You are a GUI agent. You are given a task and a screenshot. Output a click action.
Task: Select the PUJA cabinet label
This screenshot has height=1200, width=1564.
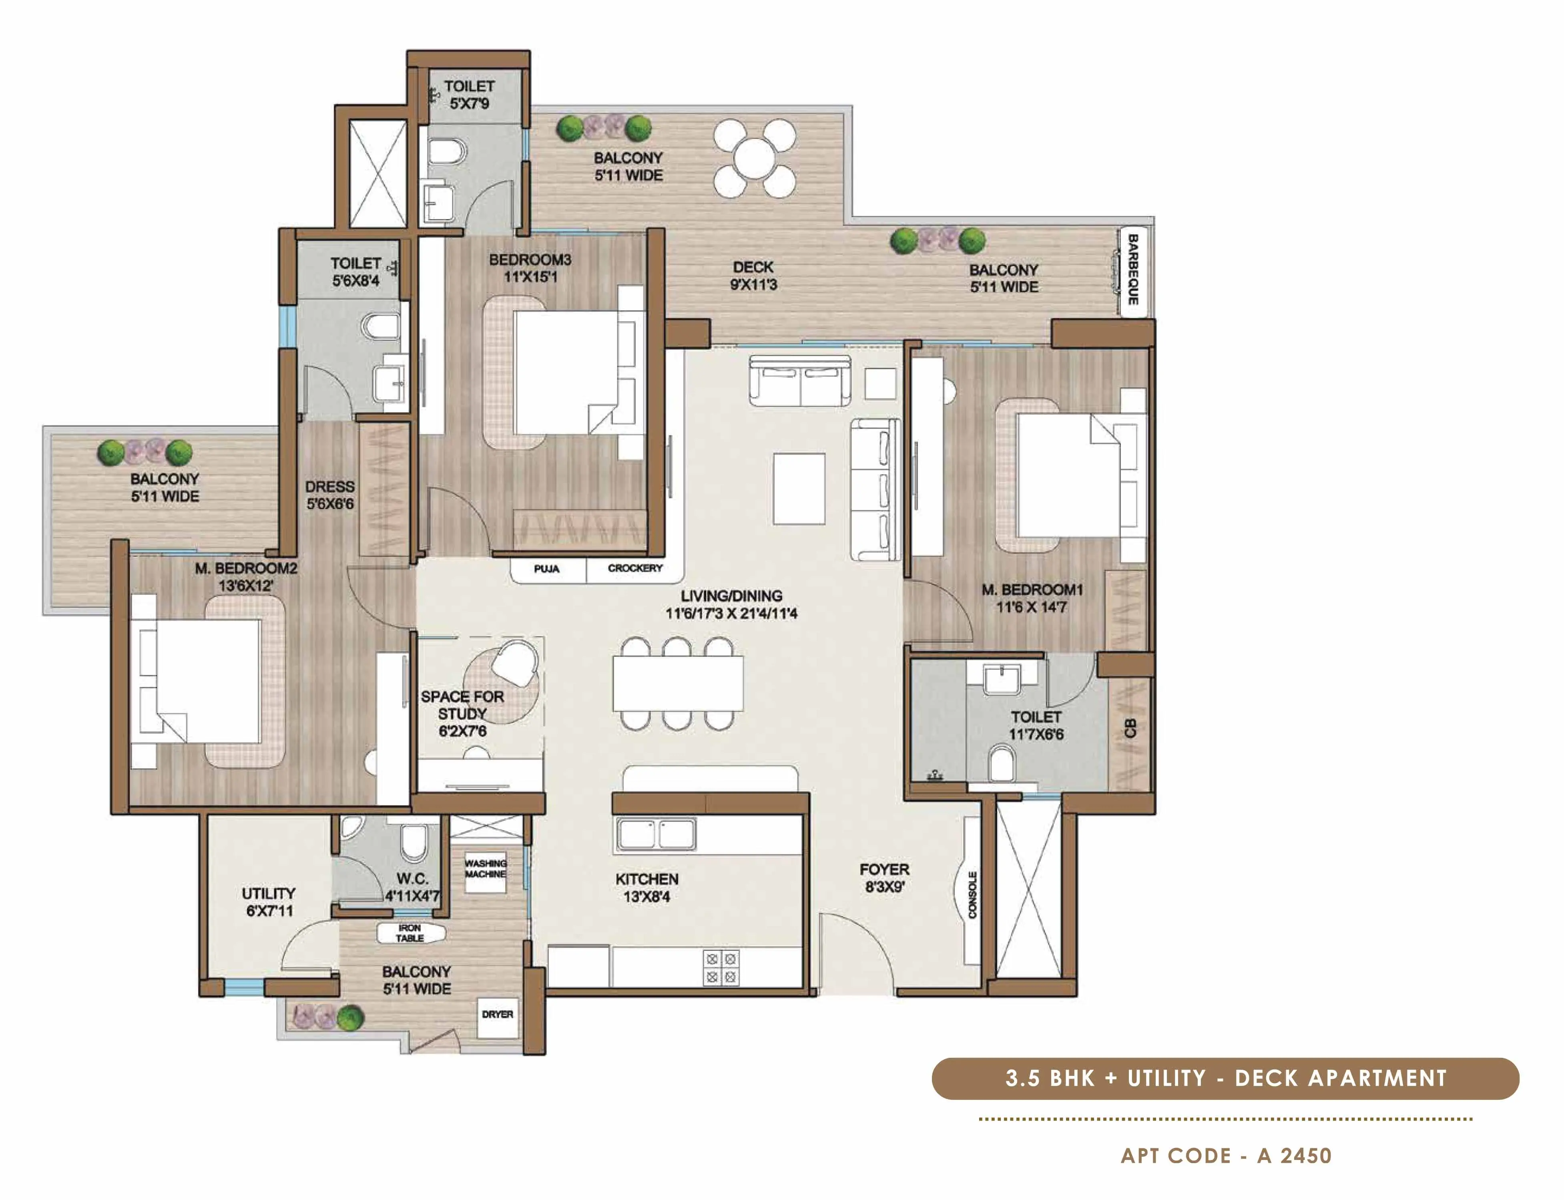[x=547, y=569]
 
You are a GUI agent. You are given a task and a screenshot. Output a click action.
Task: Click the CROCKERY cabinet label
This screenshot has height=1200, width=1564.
[x=634, y=569]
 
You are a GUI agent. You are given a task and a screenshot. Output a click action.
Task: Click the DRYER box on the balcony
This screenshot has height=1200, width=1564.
[x=497, y=1014]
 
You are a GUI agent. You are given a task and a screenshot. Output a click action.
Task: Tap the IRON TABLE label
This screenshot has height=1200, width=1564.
[x=410, y=933]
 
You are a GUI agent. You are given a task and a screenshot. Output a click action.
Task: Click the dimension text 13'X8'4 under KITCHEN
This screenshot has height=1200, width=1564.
[x=647, y=897]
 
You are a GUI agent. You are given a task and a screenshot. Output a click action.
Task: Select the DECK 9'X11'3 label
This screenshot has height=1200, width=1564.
[x=753, y=276]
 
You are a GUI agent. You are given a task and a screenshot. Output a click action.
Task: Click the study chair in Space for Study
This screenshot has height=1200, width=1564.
[x=515, y=661]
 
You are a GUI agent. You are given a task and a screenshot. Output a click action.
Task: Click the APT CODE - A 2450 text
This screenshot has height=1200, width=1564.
[x=1226, y=1156]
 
